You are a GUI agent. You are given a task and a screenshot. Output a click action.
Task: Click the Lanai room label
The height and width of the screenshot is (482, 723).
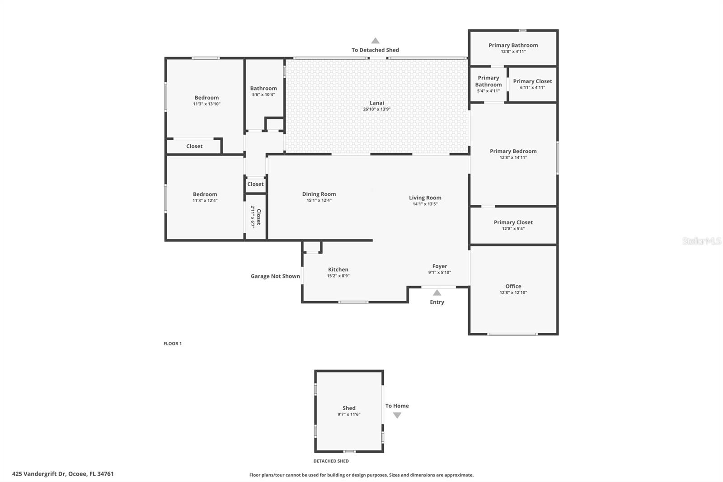[377, 103]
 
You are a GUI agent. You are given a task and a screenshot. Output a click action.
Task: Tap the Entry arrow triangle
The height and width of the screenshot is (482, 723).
[437, 293]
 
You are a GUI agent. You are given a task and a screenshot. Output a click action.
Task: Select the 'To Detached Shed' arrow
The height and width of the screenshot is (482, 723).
[375, 41]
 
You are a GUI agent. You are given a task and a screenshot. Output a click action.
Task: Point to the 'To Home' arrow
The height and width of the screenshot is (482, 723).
[397, 415]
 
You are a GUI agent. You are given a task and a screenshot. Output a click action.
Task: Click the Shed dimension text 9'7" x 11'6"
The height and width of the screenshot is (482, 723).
[349, 414]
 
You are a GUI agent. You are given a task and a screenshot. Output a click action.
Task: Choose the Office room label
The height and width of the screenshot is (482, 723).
[513, 286]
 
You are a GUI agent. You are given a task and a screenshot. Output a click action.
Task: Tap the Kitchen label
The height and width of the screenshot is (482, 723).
[338, 269]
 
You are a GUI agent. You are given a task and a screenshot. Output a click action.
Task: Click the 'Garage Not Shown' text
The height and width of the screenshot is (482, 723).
[275, 276]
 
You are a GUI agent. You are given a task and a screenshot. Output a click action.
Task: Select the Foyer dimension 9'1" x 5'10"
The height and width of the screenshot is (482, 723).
[440, 272]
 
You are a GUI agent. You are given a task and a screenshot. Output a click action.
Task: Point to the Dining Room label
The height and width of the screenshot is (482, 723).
[319, 194]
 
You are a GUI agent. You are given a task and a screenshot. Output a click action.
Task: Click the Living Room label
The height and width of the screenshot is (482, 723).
[425, 198]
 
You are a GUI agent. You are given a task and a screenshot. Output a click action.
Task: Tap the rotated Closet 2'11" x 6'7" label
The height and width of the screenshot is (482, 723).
[256, 217]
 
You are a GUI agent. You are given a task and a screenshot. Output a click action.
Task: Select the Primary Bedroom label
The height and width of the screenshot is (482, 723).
[513, 151]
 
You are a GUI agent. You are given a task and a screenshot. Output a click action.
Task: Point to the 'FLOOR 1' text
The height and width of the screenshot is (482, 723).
[173, 344]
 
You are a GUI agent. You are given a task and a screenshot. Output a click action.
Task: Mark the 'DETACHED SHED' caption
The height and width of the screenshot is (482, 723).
[331, 461]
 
